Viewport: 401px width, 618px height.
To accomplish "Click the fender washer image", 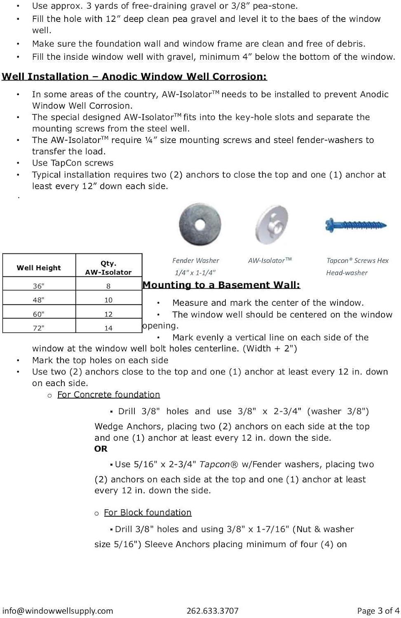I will click(x=200, y=225).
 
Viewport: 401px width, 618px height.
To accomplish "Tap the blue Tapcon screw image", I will click(x=356, y=225).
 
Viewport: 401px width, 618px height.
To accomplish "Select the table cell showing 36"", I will click(x=39, y=286).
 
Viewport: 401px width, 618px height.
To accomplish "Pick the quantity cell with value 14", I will click(x=108, y=328).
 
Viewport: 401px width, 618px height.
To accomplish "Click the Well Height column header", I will click(x=39, y=268).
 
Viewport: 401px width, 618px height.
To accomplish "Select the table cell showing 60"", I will click(x=39, y=314).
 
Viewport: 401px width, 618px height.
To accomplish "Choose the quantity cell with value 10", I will click(x=108, y=300).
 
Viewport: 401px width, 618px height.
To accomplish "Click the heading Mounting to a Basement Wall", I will click(x=221, y=285).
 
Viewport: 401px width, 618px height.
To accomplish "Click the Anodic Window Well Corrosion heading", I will click(x=134, y=77).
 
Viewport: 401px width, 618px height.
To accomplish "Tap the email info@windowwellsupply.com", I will click(x=57, y=611).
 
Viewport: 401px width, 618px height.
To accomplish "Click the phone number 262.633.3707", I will click(x=212, y=611).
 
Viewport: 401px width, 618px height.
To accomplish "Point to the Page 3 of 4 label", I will click(x=378, y=611).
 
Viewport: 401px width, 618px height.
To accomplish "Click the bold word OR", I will click(x=101, y=449).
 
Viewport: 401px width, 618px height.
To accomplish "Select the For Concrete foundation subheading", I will click(x=108, y=395).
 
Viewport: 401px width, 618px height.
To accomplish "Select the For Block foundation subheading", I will click(x=148, y=513).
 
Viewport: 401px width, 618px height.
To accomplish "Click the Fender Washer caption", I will click(x=196, y=260).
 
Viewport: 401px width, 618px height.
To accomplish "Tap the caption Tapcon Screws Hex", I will click(x=357, y=260).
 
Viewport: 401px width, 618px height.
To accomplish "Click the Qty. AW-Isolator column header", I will click(x=108, y=268).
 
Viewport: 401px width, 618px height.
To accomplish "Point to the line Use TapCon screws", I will click(x=73, y=163).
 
